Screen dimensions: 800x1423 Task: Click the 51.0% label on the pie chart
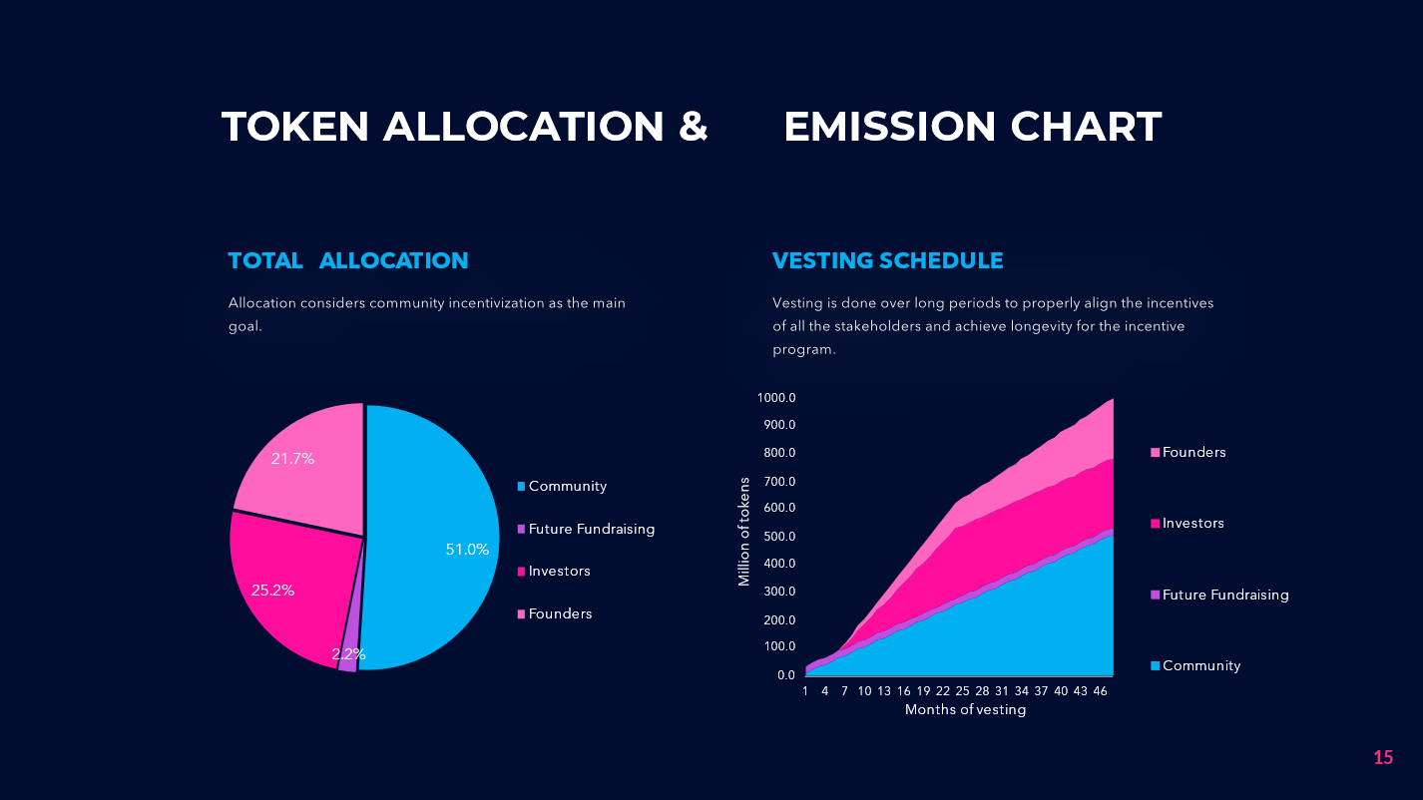(x=467, y=549)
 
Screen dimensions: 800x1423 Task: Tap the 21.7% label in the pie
(x=292, y=459)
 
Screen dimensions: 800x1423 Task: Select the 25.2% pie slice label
(x=272, y=590)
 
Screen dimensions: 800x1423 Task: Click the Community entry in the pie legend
(x=567, y=486)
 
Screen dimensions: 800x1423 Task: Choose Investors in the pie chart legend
(x=559, y=571)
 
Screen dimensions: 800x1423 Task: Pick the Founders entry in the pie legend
(x=560, y=613)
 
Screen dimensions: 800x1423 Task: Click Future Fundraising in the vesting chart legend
(x=1224, y=595)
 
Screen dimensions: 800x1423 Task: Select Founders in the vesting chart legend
(x=1193, y=452)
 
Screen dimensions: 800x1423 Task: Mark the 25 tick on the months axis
(x=962, y=690)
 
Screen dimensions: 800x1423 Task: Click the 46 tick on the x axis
(x=1100, y=690)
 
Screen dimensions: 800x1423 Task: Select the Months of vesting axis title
(x=965, y=710)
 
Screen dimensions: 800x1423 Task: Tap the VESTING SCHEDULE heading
(x=887, y=260)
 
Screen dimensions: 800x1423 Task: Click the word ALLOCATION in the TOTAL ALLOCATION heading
(x=393, y=260)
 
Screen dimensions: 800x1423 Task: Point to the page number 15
(x=1382, y=757)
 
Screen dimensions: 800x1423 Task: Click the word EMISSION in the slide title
(x=890, y=127)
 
